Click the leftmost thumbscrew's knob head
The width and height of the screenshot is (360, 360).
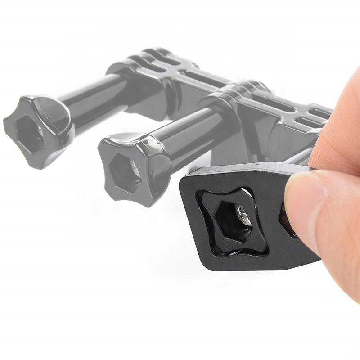click(38, 130)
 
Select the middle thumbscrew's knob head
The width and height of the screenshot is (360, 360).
click(133, 169)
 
